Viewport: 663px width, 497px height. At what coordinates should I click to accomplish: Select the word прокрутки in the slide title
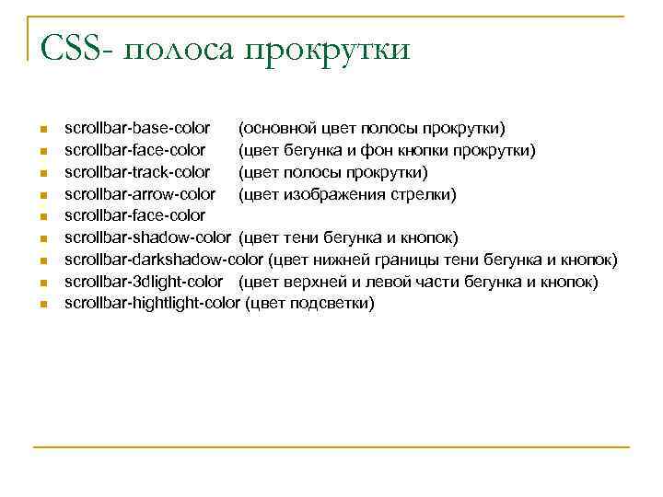point(327,50)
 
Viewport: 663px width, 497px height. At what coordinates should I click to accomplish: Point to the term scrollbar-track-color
point(137,172)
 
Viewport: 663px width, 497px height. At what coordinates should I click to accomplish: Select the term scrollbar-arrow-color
point(140,194)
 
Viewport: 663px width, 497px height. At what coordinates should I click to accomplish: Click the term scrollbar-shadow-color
point(147,237)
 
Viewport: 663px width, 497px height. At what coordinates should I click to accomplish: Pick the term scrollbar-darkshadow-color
point(164,260)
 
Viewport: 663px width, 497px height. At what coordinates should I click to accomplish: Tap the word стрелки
point(424,194)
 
